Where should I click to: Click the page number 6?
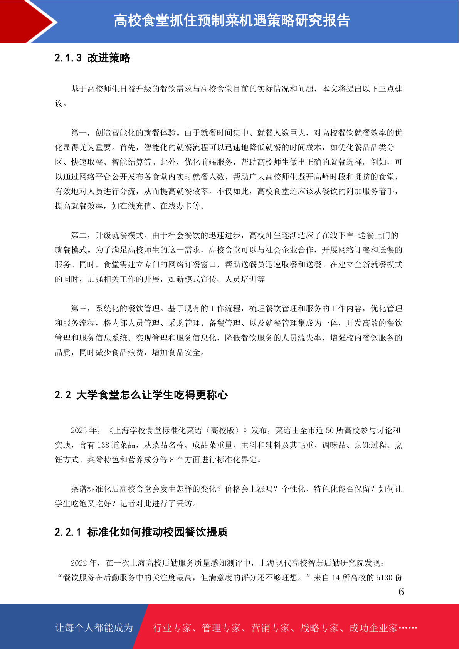(x=401, y=592)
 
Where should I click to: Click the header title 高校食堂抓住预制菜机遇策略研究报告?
(x=232, y=21)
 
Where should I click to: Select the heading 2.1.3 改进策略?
(x=92, y=58)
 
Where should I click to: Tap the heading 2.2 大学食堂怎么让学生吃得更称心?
(x=141, y=395)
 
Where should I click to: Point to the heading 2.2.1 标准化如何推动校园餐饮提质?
(x=141, y=532)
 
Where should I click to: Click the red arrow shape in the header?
(x=27, y=21)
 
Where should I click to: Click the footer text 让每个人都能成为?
(x=94, y=628)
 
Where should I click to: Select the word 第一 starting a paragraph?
(x=79, y=133)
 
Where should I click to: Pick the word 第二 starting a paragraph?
(x=79, y=235)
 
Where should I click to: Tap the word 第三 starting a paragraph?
(x=79, y=309)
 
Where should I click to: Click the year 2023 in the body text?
(x=79, y=430)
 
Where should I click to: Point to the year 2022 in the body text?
(x=79, y=563)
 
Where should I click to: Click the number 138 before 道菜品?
(x=103, y=445)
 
